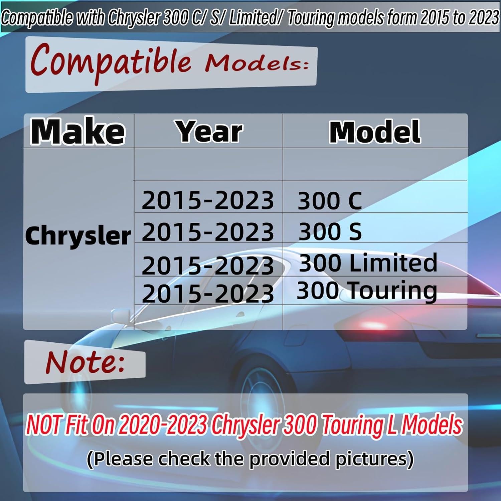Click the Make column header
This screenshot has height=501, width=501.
point(78,132)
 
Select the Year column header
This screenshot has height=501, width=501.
point(209,132)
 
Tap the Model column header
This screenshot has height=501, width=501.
point(375,132)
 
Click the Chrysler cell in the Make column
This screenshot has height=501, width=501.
point(78,236)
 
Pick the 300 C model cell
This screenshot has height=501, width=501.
point(330,201)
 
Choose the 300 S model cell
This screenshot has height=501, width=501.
point(330,231)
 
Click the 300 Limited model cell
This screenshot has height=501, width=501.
point(368,263)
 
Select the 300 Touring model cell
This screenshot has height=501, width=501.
point(367,291)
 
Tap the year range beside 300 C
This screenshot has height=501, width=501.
point(208,201)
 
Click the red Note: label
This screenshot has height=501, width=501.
point(85,362)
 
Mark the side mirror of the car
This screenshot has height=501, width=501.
point(119,316)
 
